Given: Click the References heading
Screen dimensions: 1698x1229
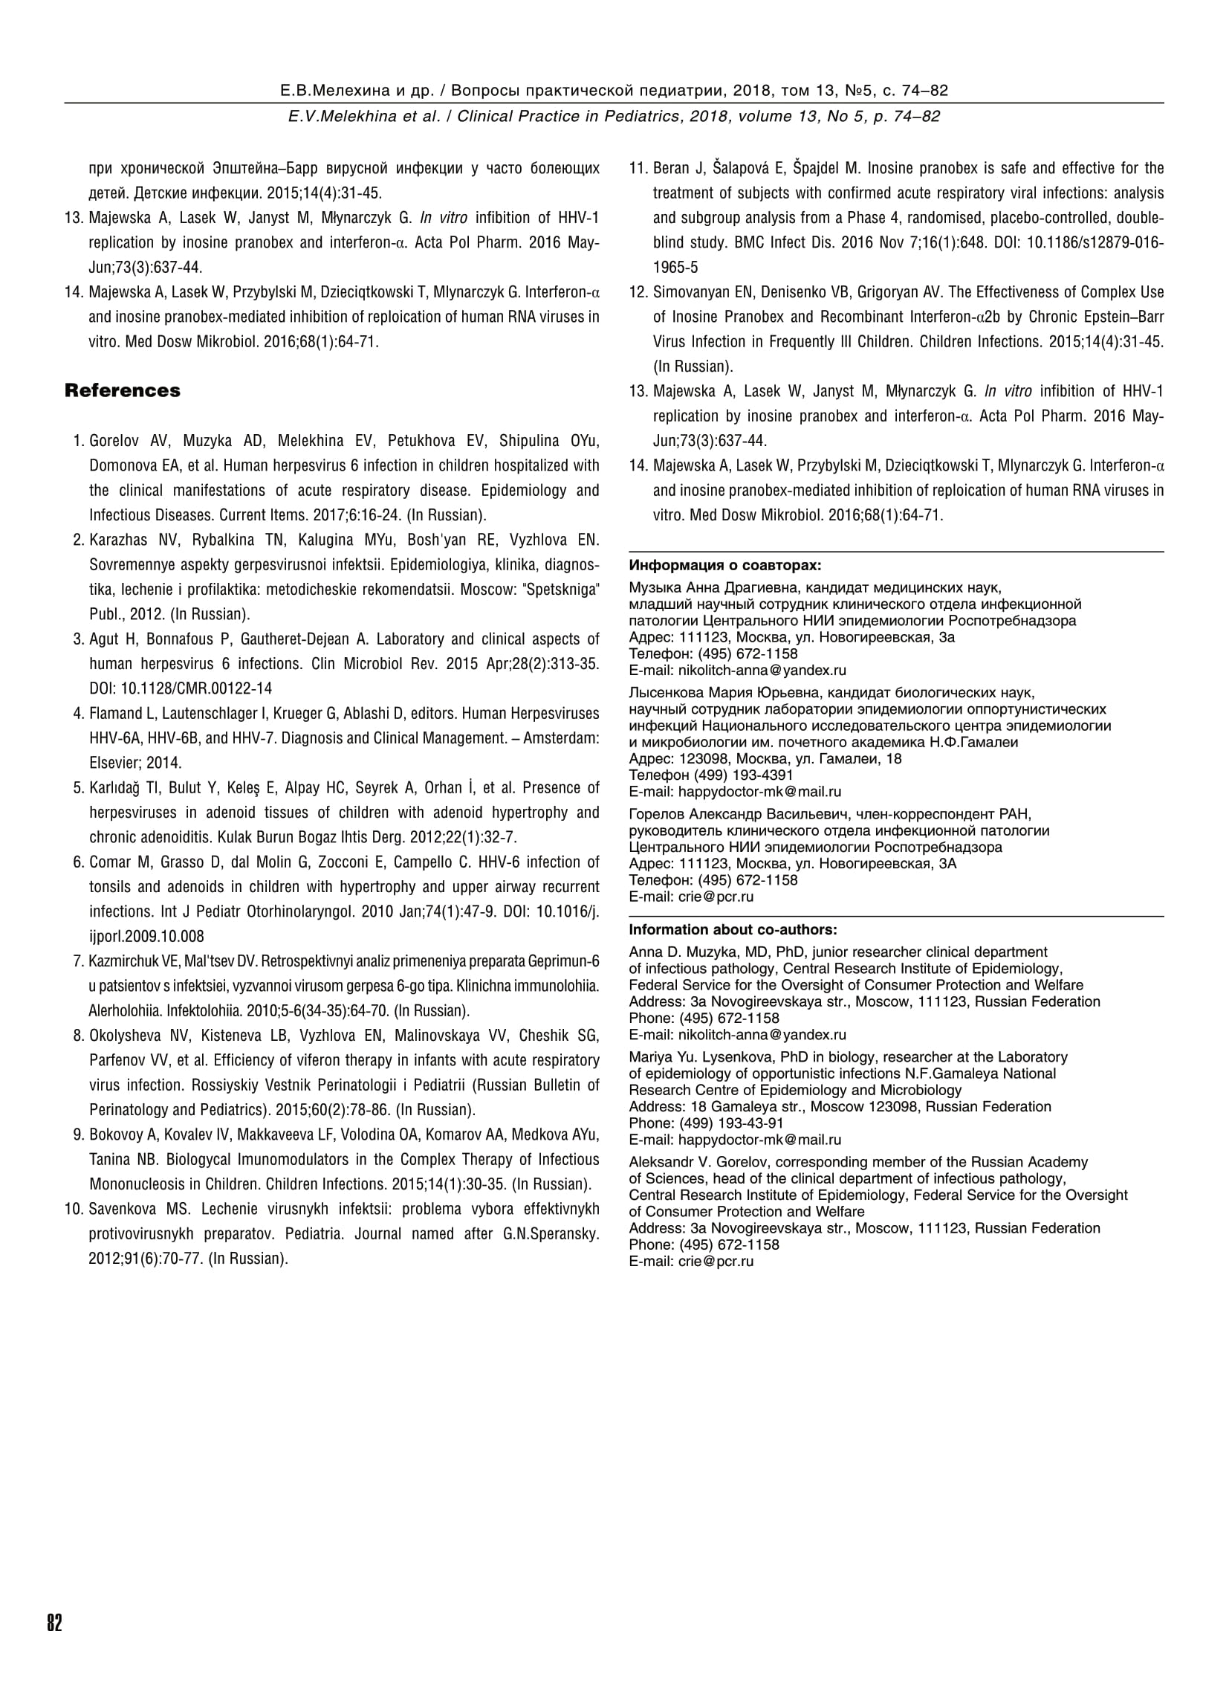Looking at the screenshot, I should (122, 391).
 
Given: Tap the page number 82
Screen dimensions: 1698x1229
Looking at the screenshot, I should (55, 1624).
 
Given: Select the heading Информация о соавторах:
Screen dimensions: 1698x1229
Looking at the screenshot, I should (724, 565).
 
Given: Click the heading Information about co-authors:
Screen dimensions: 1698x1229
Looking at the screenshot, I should (733, 930).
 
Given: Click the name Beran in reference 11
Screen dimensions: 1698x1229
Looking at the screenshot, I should (671, 169).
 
